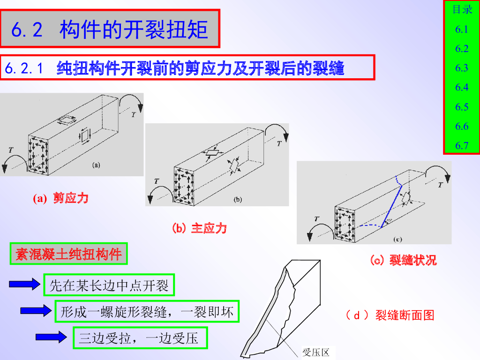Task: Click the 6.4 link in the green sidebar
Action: coord(462,88)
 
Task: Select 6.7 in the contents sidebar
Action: coord(462,146)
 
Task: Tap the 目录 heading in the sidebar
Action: coord(462,9)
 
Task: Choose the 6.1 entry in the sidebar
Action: coord(462,30)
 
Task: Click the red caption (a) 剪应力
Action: coord(60,198)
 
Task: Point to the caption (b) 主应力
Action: coord(199,228)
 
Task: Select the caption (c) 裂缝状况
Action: coord(403,260)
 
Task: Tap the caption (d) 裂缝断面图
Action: coord(390,315)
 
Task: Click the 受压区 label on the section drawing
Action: coord(315,352)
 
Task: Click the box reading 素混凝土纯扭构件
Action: coord(68,254)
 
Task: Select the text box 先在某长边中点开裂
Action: coord(109,285)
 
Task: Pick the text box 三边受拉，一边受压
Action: coord(140,338)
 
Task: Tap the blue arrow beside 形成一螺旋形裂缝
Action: coord(36,311)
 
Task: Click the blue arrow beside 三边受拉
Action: coord(51,337)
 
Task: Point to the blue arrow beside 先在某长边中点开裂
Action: coord(24,284)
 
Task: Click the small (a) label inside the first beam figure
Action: coord(96,165)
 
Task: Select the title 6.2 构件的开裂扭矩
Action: coord(110,30)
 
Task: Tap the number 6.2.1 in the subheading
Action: coord(24,68)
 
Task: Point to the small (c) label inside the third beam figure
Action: coord(397,240)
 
